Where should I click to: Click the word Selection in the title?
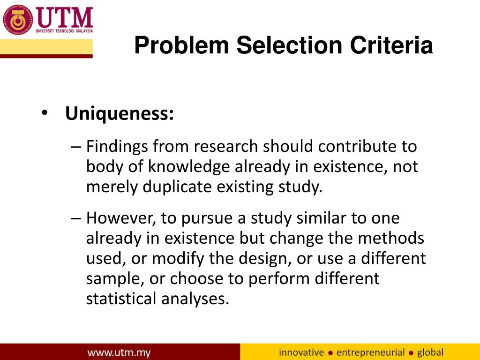[288, 46]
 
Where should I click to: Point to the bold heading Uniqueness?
[120, 113]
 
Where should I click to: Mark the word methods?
[391, 238]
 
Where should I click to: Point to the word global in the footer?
[430, 352]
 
